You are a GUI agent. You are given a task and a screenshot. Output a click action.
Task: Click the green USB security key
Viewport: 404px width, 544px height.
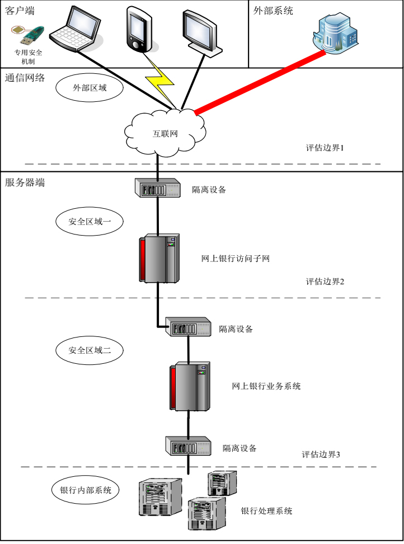point(29,35)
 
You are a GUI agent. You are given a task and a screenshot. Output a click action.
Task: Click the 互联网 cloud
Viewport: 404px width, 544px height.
point(165,132)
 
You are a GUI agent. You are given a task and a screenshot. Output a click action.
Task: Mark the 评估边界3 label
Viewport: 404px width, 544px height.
point(321,454)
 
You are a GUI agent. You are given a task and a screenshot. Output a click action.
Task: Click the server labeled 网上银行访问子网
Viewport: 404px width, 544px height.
point(159,258)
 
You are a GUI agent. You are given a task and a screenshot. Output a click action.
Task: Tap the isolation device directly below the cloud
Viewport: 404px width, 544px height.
point(159,188)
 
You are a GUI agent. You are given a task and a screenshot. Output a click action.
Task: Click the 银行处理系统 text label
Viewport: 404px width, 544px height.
point(266,511)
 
